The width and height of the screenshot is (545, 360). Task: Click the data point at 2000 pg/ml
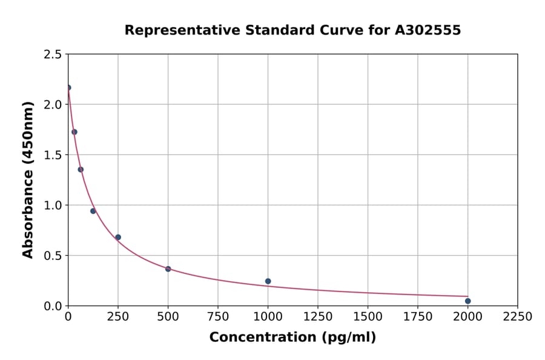[467, 301]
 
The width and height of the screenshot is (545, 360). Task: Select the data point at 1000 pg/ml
[268, 281]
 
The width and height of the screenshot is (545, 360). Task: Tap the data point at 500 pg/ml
[168, 269]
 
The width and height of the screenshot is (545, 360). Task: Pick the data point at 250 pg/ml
[118, 238]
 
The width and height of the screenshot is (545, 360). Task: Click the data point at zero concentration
[68, 87]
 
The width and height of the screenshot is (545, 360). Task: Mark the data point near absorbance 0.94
[93, 211]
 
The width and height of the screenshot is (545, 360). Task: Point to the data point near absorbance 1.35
[81, 170]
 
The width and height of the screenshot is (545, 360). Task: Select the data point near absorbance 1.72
[74, 132]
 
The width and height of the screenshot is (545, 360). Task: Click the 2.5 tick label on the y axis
[52, 55]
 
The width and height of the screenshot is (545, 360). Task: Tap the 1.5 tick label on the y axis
[52, 155]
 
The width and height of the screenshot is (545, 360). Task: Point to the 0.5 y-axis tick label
[52, 256]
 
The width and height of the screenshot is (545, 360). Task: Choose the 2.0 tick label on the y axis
[52, 105]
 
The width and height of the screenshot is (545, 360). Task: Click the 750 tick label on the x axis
[218, 317]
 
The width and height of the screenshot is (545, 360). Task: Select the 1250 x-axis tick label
[318, 317]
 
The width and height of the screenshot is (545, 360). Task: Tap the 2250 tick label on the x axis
[518, 317]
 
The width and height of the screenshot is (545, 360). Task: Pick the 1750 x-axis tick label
[418, 317]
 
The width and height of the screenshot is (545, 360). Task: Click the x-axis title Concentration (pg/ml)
[292, 338]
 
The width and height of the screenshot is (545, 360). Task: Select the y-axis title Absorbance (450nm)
[28, 180]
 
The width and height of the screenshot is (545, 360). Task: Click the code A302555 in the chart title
[428, 30]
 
